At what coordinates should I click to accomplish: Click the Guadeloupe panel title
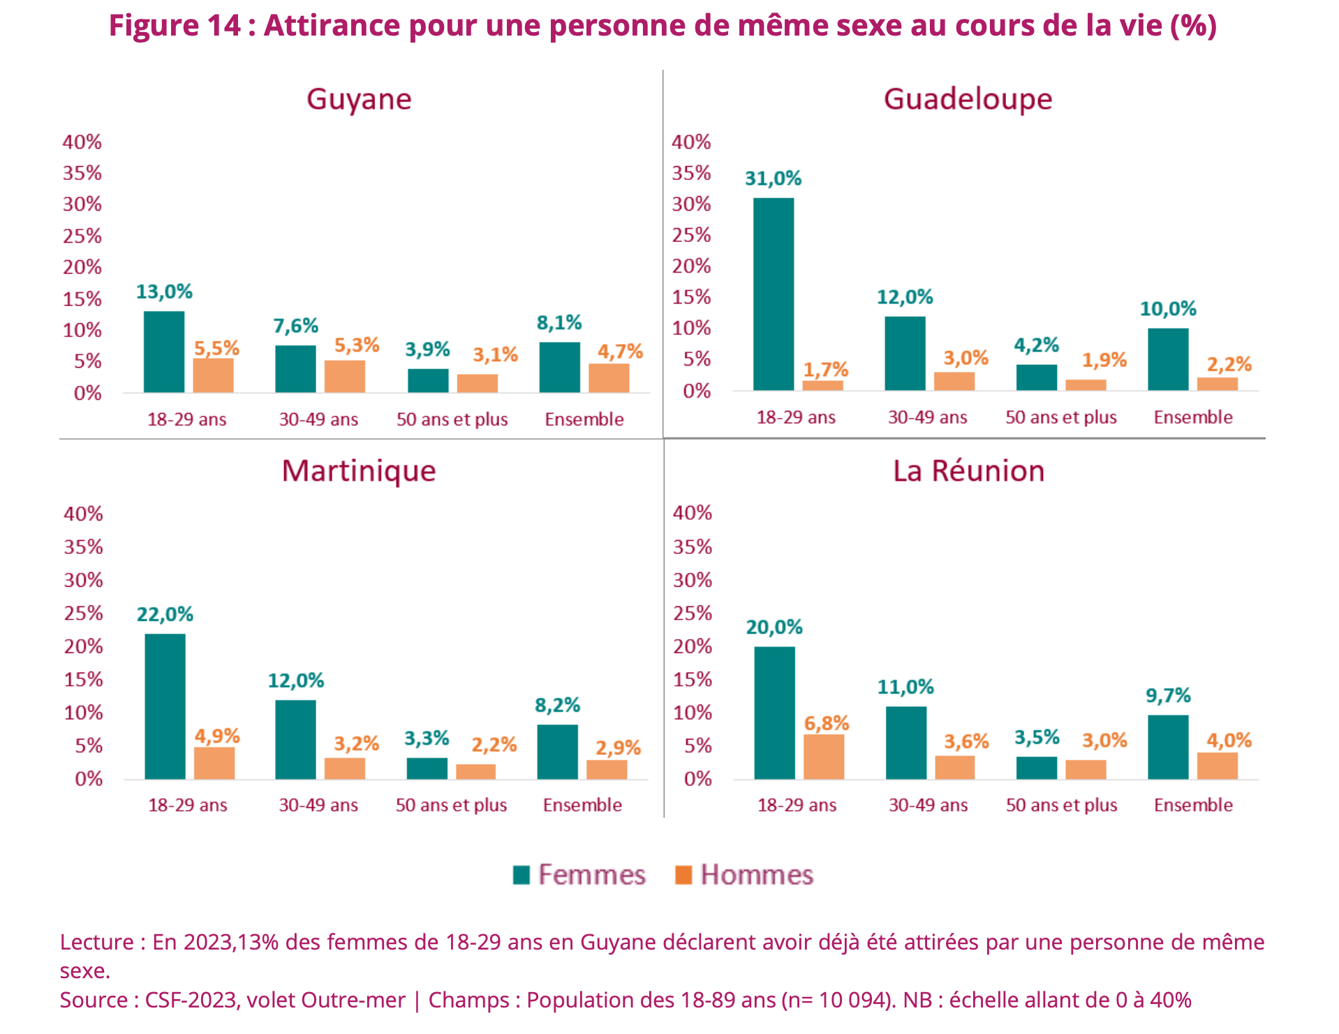click(x=968, y=99)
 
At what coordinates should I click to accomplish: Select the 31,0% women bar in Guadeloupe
click(x=774, y=294)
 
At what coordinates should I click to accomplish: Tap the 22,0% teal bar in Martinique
click(x=165, y=706)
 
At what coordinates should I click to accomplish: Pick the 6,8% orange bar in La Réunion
click(x=824, y=756)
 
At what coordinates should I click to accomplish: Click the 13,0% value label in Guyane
click(x=164, y=292)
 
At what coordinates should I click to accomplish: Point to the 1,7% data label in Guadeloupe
click(x=825, y=369)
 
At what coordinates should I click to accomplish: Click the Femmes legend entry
click(x=579, y=875)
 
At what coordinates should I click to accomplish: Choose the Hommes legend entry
click(x=744, y=875)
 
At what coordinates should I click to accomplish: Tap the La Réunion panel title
click(x=969, y=471)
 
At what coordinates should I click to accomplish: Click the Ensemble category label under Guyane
click(x=584, y=419)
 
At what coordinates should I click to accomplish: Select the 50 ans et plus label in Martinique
click(x=451, y=805)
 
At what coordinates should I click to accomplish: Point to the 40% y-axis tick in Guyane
click(x=82, y=142)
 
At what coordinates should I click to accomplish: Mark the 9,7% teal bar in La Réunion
click(x=1168, y=747)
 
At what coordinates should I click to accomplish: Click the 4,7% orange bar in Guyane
click(x=609, y=377)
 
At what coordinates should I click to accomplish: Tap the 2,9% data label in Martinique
click(x=618, y=748)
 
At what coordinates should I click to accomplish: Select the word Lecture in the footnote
click(x=96, y=942)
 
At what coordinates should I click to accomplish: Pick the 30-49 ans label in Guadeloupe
click(x=927, y=417)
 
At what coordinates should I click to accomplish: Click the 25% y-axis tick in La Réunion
click(x=692, y=613)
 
